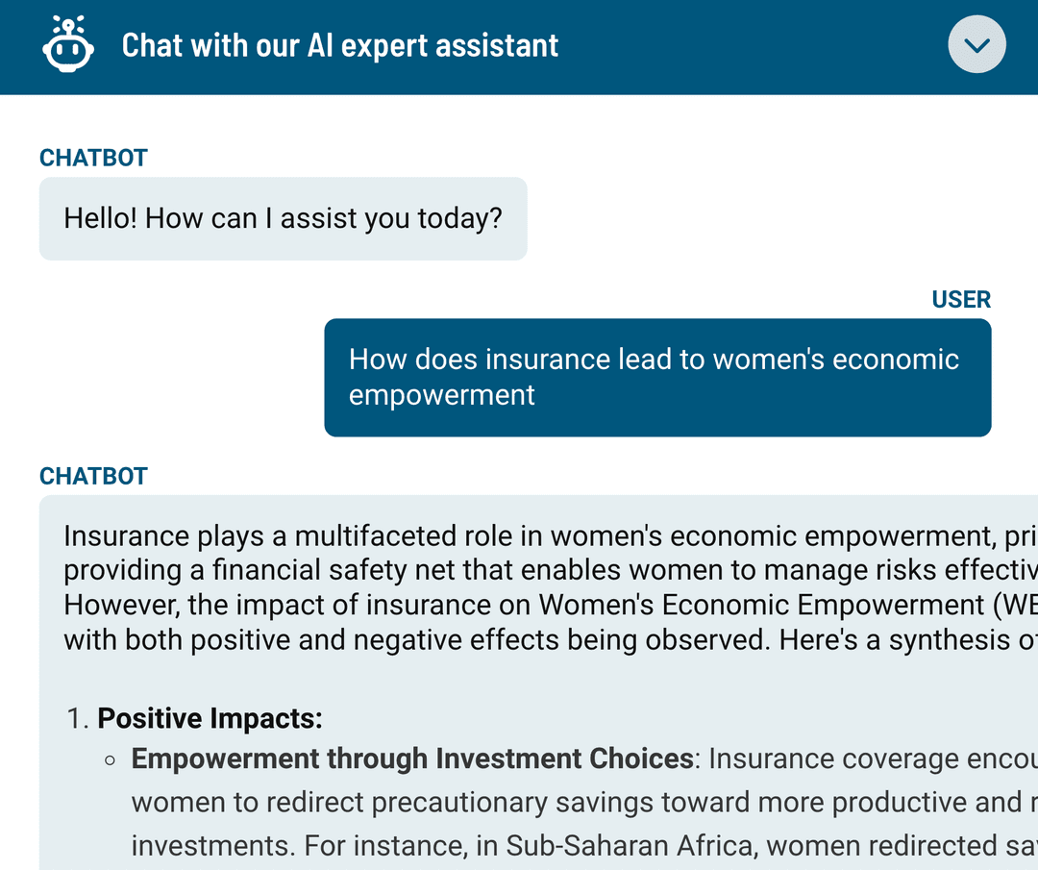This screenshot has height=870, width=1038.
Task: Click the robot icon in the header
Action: click(x=68, y=45)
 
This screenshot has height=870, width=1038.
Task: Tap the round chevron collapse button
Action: click(x=976, y=45)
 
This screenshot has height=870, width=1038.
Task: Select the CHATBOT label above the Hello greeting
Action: click(x=93, y=158)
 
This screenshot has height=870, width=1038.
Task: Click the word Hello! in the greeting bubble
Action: click(x=101, y=218)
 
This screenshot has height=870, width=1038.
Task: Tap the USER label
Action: click(x=961, y=299)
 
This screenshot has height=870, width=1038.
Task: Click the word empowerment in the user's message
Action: click(x=441, y=395)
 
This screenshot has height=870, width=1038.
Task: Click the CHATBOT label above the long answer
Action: click(x=93, y=476)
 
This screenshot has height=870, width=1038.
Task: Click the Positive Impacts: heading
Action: click(x=210, y=718)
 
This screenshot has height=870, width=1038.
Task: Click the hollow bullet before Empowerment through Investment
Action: click(x=111, y=759)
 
